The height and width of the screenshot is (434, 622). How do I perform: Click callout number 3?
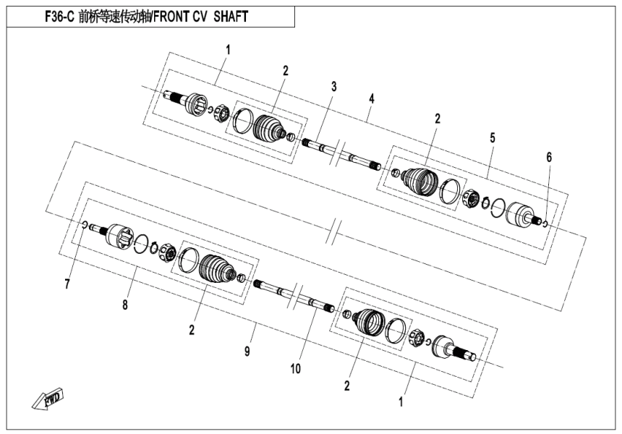tap(333, 87)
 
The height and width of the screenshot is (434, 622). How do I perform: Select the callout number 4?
tap(372, 98)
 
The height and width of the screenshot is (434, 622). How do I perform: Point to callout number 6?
tap(548, 157)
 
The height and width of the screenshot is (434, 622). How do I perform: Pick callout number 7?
tap(67, 284)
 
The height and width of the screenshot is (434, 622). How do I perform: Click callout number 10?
tap(295, 368)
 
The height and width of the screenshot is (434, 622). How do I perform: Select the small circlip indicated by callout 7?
tap(85, 226)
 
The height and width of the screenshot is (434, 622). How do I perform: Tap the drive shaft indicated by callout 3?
tap(340, 153)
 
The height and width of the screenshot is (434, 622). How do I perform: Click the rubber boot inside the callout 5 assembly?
tap(419, 181)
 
